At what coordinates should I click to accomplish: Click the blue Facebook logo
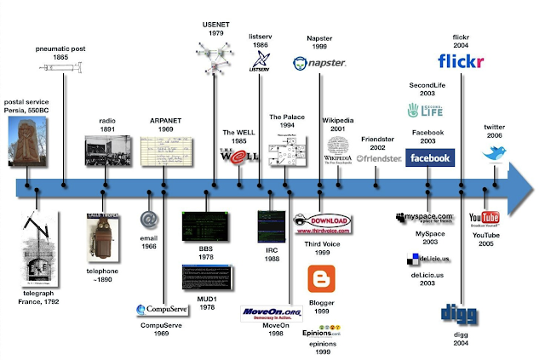429,157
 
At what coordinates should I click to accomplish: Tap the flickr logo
461,61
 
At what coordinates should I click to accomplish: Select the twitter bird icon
495,154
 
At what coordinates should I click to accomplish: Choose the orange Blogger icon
321,279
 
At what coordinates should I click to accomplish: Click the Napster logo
320,62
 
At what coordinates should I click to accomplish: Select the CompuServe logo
163,310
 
